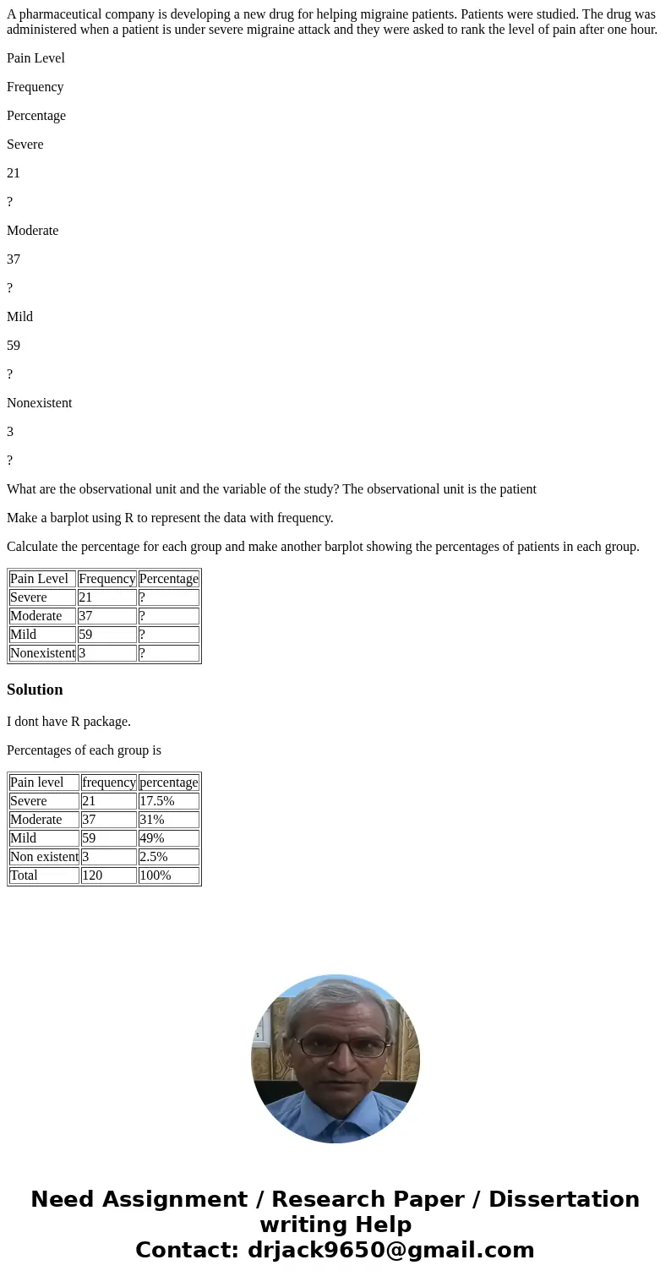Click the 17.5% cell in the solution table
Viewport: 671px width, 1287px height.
click(x=168, y=801)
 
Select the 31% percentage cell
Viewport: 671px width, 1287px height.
click(x=168, y=820)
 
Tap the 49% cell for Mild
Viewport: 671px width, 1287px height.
click(x=168, y=838)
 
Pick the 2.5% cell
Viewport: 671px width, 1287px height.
click(x=168, y=857)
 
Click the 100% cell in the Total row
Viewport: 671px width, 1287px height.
click(x=168, y=875)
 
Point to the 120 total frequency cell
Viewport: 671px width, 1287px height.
click(x=108, y=875)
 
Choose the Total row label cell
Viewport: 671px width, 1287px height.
click(x=44, y=875)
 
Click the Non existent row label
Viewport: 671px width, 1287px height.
click(x=44, y=857)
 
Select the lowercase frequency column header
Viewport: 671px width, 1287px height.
click(x=108, y=783)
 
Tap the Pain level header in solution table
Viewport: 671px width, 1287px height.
click(x=44, y=783)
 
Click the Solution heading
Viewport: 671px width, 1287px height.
click(x=35, y=690)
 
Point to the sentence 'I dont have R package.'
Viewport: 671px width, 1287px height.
click(x=68, y=722)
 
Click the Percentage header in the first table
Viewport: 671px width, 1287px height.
click(x=168, y=579)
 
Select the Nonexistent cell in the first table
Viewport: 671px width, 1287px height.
click(x=42, y=653)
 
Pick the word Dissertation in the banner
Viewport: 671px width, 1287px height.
click(x=564, y=1199)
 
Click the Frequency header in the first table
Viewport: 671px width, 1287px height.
click(x=106, y=579)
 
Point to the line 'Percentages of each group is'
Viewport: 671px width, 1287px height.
click(x=84, y=750)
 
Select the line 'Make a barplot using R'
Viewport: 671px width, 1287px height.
click(x=170, y=518)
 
